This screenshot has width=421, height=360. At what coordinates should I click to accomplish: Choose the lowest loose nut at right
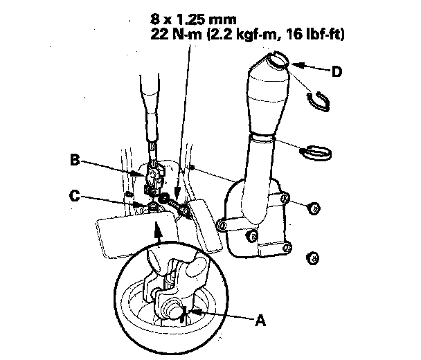pos(312,258)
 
